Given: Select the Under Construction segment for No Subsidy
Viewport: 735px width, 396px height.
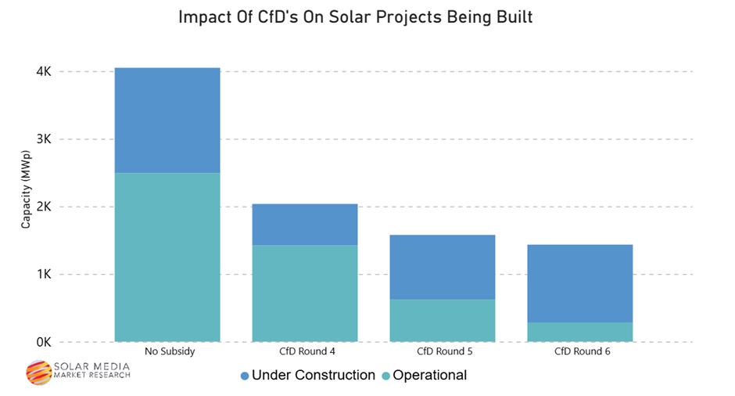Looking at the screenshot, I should click(x=167, y=120).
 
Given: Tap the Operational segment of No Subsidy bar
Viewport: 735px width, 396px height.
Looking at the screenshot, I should click(x=167, y=257).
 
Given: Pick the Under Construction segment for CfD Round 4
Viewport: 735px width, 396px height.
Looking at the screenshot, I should click(x=305, y=225).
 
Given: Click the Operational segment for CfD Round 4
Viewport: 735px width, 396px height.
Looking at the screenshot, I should click(x=305, y=293).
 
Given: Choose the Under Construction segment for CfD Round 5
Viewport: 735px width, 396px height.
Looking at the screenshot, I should click(x=443, y=267).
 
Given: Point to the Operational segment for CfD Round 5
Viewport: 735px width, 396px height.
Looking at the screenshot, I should click(x=443, y=321).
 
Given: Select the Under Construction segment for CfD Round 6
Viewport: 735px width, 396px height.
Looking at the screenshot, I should click(x=579, y=283).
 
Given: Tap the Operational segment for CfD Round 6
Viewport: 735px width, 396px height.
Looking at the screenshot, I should click(x=579, y=333).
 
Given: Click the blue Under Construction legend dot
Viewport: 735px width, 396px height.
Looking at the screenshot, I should click(x=245, y=376).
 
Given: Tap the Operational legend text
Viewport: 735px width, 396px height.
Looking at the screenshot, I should click(x=429, y=376).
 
